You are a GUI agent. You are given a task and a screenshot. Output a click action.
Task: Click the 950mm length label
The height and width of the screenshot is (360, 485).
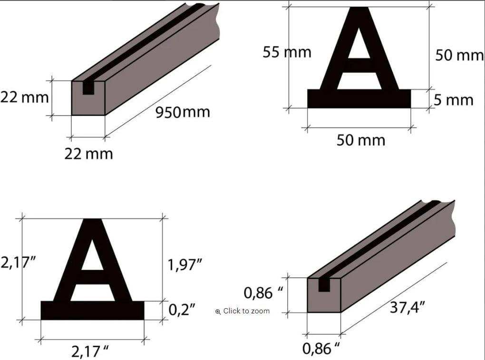183,112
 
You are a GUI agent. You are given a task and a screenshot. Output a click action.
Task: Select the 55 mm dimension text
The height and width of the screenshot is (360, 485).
287,52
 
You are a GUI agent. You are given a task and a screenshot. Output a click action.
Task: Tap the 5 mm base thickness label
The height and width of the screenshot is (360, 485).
454,100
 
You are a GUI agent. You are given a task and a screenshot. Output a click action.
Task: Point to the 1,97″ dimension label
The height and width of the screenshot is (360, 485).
184,265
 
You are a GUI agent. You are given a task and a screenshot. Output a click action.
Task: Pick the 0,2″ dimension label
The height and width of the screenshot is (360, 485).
182,309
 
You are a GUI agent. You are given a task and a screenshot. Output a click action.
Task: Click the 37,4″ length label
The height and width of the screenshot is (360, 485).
407,307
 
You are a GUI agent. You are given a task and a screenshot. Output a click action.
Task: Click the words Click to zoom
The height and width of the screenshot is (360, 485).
246,311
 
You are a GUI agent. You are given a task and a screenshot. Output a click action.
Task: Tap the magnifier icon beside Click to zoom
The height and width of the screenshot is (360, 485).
218,311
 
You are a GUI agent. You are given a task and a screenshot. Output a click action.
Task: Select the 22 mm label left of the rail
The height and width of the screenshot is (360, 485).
24,97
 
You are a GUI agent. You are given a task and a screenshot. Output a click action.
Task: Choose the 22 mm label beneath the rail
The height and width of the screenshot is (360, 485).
88,154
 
